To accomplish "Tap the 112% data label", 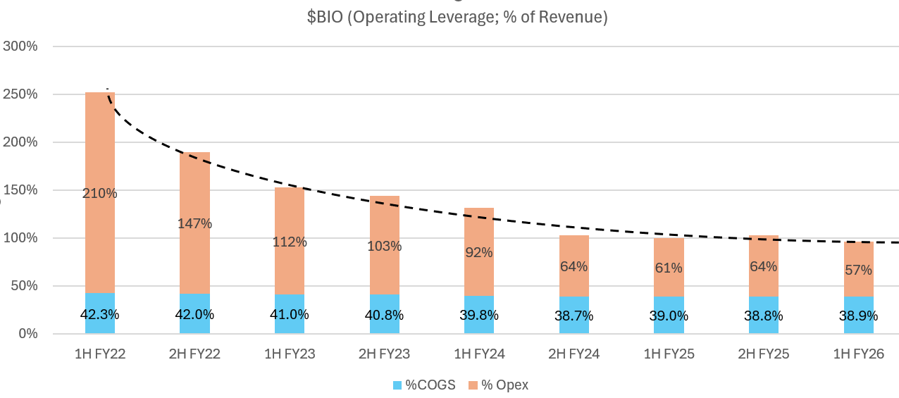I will (290, 242).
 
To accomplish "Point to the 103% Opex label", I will (384, 247).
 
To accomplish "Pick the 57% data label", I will (858, 270).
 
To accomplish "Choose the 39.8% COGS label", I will (479, 316).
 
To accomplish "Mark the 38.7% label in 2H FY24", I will (573, 316).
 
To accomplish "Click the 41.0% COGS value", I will (290, 315).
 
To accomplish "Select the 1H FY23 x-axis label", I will (290, 354).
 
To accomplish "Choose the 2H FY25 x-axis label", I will (763, 354).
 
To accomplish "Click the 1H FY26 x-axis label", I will (858, 354).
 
